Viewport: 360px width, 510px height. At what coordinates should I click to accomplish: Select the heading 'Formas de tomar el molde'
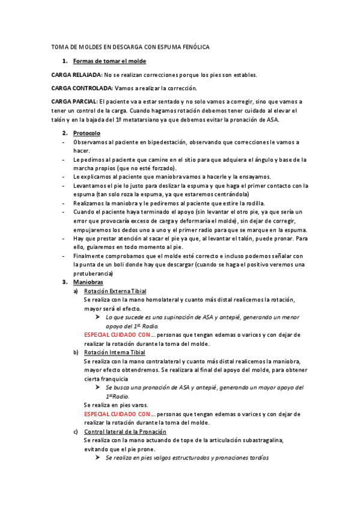click(x=109, y=61)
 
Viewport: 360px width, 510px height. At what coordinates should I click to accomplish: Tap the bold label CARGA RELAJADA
click(x=77, y=75)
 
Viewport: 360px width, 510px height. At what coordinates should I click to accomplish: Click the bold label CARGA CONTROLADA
click(x=82, y=88)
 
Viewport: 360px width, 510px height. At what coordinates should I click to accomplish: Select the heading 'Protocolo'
click(x=87, y=132)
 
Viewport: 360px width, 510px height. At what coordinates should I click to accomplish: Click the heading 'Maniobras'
click(x=88, y=282)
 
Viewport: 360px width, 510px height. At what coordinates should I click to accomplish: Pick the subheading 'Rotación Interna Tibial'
click(x=114, y=352)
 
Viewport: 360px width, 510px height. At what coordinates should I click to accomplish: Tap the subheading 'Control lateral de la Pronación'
click(x=125, y=432)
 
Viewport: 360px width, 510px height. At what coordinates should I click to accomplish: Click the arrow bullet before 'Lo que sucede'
click(x=97, y=317)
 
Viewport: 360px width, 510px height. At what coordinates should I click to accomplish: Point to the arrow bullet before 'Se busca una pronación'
click(x=97, y=388)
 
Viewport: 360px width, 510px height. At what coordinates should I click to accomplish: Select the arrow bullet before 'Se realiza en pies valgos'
click(x=97, y=458)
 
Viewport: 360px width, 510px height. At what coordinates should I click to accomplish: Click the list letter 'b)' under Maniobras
click(x=76, y=352)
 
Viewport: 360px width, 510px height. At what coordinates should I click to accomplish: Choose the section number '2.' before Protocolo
click(x=65, y=132)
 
